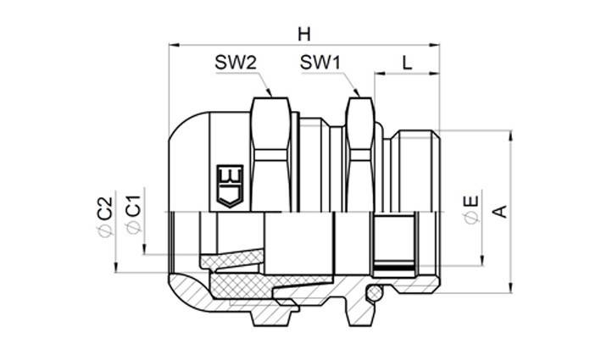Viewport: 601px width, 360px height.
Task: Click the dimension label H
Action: click(304, 33)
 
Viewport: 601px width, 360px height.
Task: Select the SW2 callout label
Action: click(236, 64)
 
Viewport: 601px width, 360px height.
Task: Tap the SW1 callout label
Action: click(321, 64)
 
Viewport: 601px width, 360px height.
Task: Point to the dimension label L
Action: click(407, 64)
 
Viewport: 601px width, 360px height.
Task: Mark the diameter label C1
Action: click(132, 216)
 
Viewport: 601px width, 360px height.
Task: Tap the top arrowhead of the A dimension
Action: click(511, 135)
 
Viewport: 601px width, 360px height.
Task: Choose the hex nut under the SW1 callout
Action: click(358, 152)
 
